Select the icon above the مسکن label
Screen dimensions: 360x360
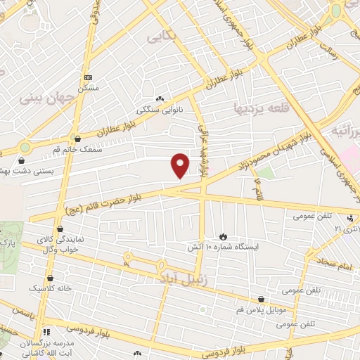coord(87,77)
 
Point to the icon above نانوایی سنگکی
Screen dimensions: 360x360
coord(160,99)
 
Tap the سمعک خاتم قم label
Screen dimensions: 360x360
coord(78,150)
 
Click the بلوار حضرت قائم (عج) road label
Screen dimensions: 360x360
coord(117,198)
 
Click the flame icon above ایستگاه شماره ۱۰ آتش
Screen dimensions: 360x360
coord(224,236)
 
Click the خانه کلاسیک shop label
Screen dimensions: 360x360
coord(45,288)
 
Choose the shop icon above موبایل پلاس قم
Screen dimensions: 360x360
coord(262,299)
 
